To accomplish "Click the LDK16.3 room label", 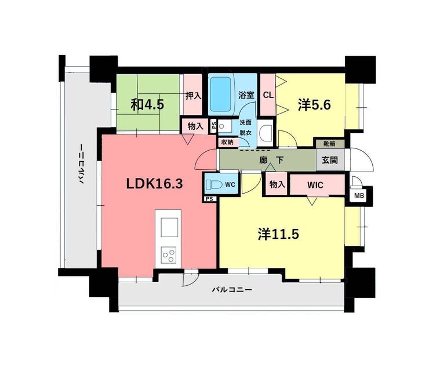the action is [x=154, y=184].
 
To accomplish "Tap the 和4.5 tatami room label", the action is [x=147, y=104].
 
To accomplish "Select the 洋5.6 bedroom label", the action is [x=314, y=105].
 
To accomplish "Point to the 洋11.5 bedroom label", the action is [x=278, y=234].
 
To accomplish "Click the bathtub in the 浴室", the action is [x=220, y=94].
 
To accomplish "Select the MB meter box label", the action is [x=359, y=195].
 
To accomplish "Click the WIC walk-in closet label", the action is [x=315, y=185].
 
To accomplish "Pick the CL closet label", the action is [x=268, y=95].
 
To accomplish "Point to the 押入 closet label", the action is [x=194, y=96].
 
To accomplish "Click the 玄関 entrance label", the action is [x=330, y=160].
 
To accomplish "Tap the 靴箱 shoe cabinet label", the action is [x=329, y=144].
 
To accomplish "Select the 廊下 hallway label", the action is [x=271, y=160].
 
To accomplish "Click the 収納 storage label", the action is [x=227, y=142].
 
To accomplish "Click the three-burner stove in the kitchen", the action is [x=169, y=254].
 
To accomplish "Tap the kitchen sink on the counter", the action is [x=169, y=227].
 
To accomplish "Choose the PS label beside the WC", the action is [x=209, y=199].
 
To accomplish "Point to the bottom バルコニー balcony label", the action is [x=232, y=289].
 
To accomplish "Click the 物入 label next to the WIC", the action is [x=277, y=184].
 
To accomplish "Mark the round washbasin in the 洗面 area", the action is [x=222, y=126].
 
